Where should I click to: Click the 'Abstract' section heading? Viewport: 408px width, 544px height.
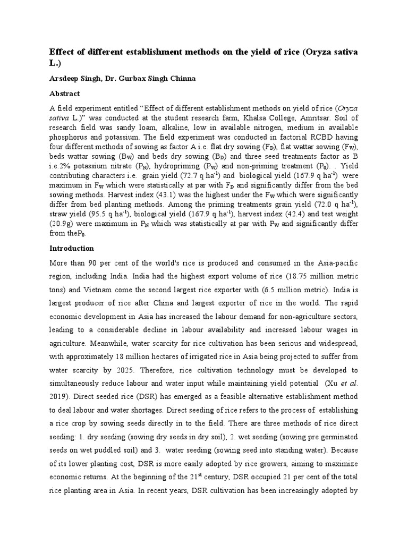(64, 93)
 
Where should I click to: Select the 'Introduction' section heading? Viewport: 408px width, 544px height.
(71, 248)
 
